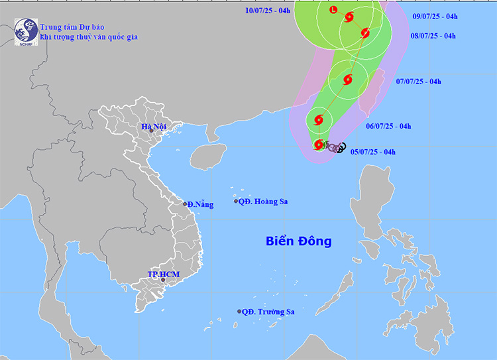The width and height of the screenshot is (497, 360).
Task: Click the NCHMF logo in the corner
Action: (x=26, y=30)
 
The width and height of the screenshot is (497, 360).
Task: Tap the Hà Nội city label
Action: (x=153, y=127)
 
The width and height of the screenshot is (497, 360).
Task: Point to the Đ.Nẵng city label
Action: (x=201, y=204)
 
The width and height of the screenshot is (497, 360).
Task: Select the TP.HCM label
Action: (x=163, y=274)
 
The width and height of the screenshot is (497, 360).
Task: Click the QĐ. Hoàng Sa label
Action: (x=264, y=202)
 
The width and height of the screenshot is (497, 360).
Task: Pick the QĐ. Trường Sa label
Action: (x=268, y=312)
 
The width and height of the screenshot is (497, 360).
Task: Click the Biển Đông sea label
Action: (x=299, y=241)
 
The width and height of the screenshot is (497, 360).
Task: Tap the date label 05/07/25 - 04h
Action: (x=373, y=152)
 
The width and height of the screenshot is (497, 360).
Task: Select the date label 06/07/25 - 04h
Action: (x=389, y=126)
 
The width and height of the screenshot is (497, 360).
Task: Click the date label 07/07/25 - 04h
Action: (x=418, y=82)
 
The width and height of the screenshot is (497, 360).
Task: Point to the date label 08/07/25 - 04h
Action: (x=433, y=36)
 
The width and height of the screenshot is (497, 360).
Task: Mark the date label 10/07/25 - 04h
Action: (x=268, y=11)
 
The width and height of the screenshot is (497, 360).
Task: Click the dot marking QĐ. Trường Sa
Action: (x=240, y=312)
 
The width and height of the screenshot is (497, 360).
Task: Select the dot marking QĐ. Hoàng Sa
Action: (x=235, y=202)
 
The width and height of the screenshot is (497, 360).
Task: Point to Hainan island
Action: (x=205, y=157)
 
